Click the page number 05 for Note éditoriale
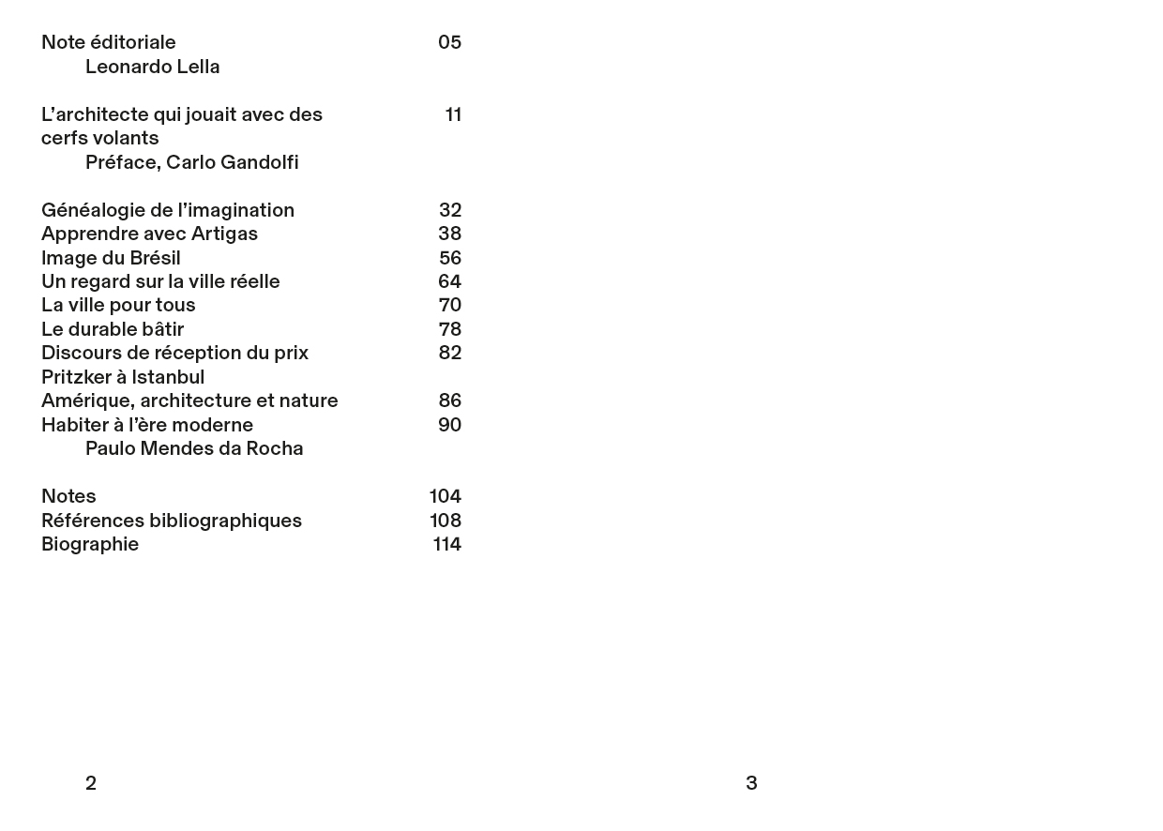(x=449, y=43)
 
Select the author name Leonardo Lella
(x=152, y=68)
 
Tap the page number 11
(x=453, y=115)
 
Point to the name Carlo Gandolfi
(x=232, y=163)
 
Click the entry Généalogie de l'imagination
(x=168, y=211)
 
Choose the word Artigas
(x=224, y=234)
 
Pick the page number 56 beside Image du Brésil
(x=450, y=259)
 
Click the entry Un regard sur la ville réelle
(x=160, y=282)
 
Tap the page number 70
(x=450, y=306)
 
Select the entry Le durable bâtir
(x=113, y=330)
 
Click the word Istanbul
(x=168, y=378)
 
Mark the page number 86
(x=450, y=401)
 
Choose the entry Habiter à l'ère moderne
(x=147, y=426)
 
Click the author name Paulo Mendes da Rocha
(x=194, y=449)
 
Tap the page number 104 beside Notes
(x=445, y=497)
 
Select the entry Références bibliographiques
(x=172, y=521)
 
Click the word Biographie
(x=90, y=545)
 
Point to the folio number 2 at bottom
(x=91, y=784)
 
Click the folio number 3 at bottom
(x=751, y=784)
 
